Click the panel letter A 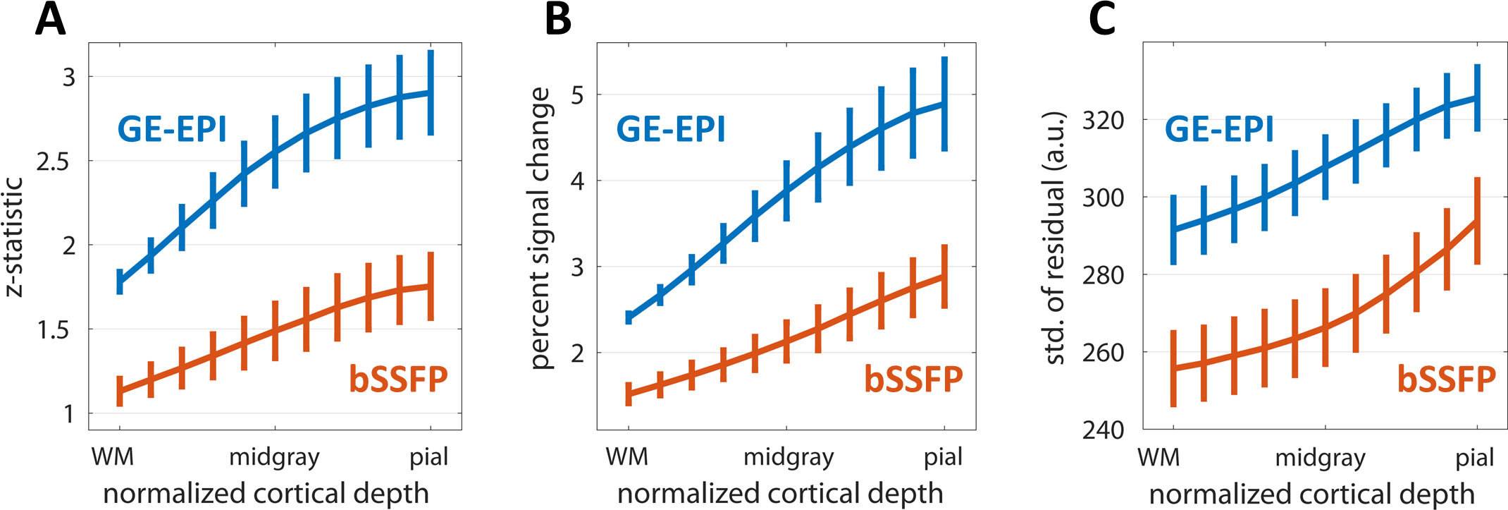click(50, 20)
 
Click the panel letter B click(558, 20)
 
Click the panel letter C click(1101, 20)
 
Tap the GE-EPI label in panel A click(172, 129)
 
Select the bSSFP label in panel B click(913, 379)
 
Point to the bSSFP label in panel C click(1446, 379)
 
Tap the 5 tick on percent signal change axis click(578, 95)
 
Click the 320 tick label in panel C click(1103, 121)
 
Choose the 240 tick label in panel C click(1103, 430)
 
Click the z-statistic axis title click(14, 236)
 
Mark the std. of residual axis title click(1055, 237)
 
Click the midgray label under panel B click(789, 458)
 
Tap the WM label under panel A click(113, 458)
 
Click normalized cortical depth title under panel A click(266, 494)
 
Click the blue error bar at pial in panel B click(944, 104)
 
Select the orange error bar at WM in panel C click(1173, 368)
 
